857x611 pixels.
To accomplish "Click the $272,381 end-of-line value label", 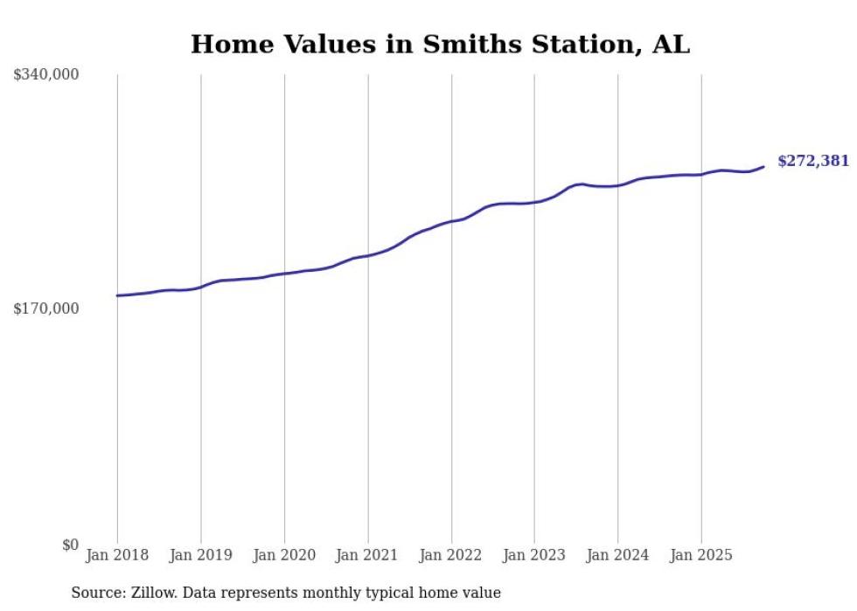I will tap(812, 161).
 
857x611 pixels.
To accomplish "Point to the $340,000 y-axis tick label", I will tap(46, 75).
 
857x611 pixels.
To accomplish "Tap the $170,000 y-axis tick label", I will tap(46, 309).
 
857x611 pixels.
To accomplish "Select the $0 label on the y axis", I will tap(70, 545).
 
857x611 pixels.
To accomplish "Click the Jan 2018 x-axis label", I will tap(117, 555).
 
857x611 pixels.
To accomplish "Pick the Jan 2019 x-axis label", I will tap(200, 555).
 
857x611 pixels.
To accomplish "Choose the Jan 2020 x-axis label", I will tap(284, 555).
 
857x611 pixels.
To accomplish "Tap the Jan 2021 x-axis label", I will tap(367, 555).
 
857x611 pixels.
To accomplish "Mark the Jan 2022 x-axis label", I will tap(451, 555).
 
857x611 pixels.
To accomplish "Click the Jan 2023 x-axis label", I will tap(534, 555).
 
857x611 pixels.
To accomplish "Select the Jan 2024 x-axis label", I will tap(617, 555).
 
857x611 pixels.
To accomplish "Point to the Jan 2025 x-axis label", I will tap(701, 555).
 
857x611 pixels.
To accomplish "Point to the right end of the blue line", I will tap(763, 166).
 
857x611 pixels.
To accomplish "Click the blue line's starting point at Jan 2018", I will tap(117, 295).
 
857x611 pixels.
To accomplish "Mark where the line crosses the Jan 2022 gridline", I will tap(451, 221).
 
